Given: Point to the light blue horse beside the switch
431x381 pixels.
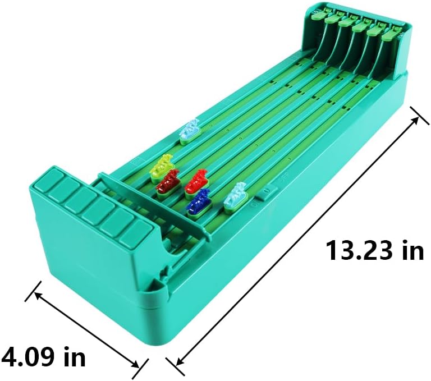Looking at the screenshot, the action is [236, 198].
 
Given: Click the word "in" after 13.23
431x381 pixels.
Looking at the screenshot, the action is [412, 250].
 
